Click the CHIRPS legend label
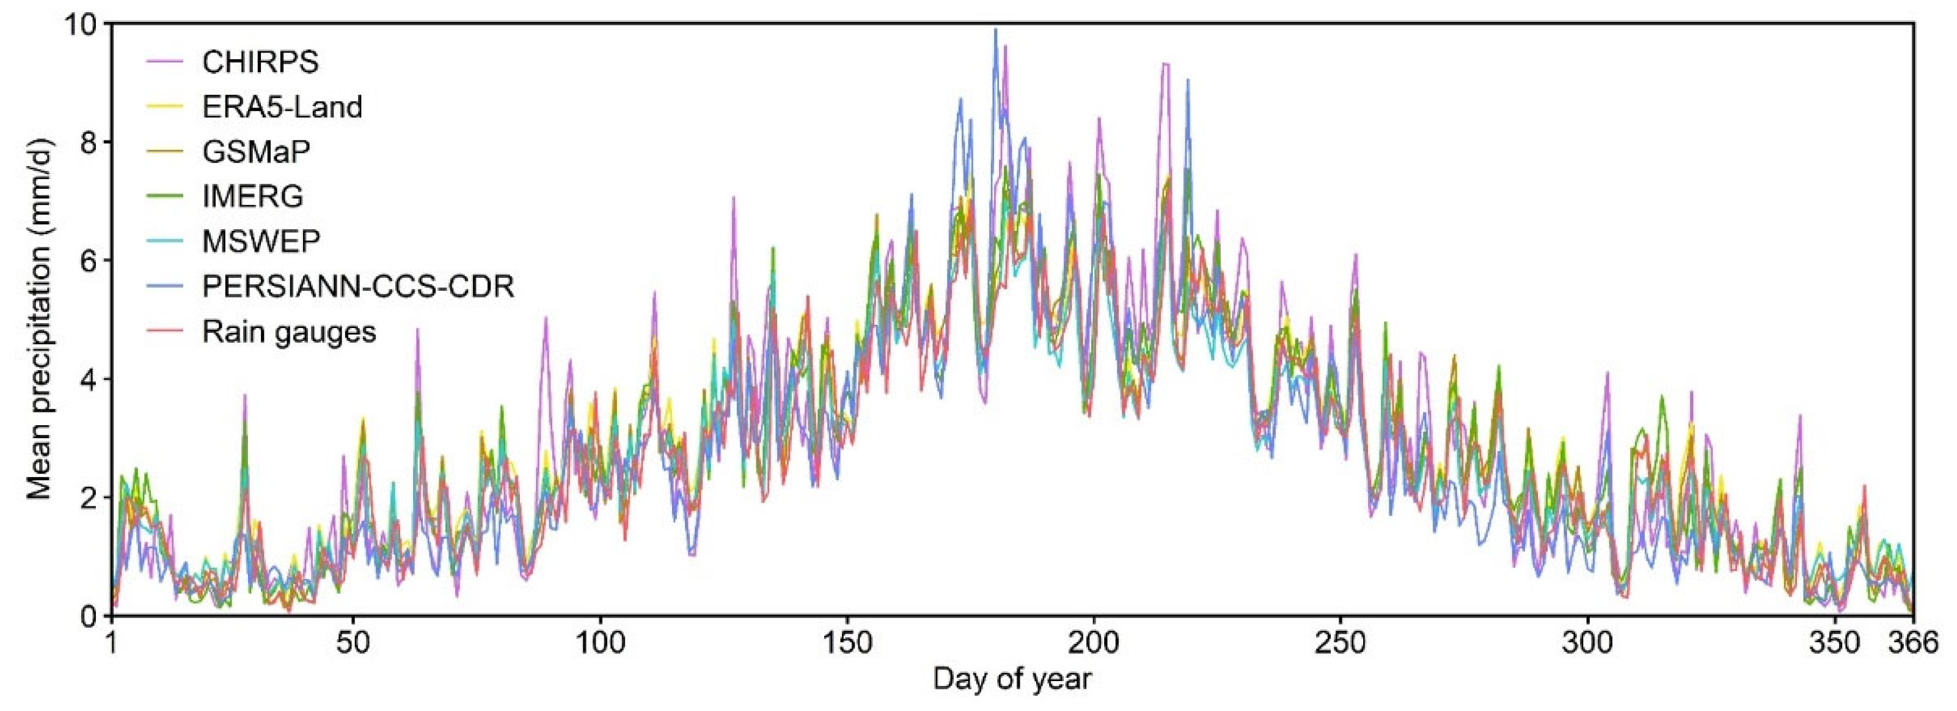tap(260, 62)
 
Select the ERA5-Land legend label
tap(282, 107)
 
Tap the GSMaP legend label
tap(256, 152)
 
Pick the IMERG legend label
tap(252, 197)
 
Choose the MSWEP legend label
tap(260, 241)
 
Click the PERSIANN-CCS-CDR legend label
tap(358, 286)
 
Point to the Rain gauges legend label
tap(288, 332)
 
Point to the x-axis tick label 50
tap(353, 643)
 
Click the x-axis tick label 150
tap(847, 643)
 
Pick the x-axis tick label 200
tap(1094, 643)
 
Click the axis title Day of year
tap(1012, 679)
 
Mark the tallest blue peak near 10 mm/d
tap(995, 31)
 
